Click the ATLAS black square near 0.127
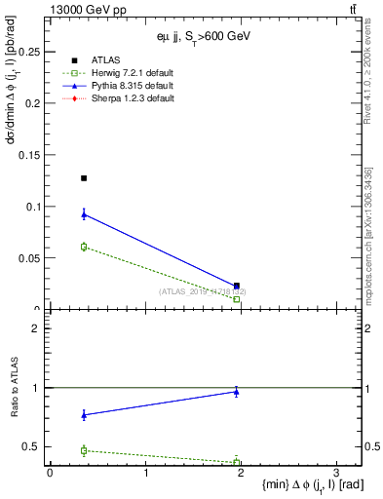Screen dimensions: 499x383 (x=84, y=178)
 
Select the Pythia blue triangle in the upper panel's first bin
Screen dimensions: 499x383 (x=84, y=214)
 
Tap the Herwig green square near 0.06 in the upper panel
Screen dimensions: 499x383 (x=84, y=247)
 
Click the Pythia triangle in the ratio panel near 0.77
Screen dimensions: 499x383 (x=84, y=415)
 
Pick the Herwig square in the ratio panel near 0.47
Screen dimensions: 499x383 (x=84, y=450)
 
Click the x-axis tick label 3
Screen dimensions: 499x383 (x=335, y=473)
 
